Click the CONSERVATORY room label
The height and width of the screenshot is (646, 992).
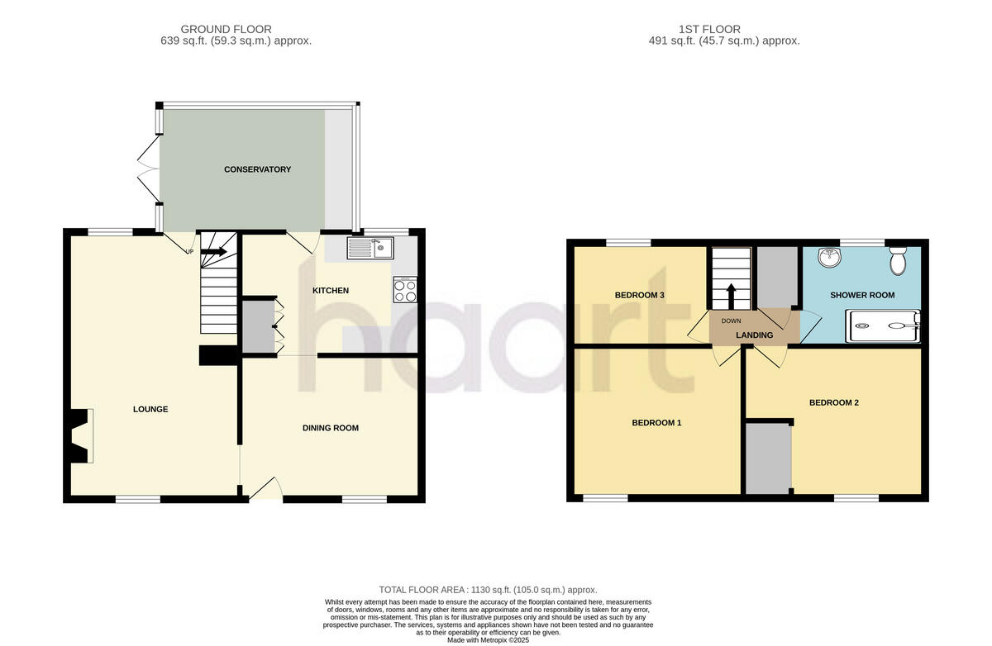(x=257, y=169)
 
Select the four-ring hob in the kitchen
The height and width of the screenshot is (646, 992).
(x=406, y=290)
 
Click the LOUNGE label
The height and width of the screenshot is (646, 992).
(x=150, y=409)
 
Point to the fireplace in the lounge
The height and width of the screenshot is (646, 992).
(x=81, y=435)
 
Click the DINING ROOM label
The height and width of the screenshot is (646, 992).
(x=331, y=428)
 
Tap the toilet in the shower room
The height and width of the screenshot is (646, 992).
(x=897, y=262)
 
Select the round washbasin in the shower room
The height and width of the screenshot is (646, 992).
(x=828, y=259)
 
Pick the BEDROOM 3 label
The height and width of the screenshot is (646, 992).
(x=640, y=295)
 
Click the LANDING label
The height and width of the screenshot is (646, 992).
(x=754, y=335)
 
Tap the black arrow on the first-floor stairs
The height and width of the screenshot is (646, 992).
(x=730, y=294)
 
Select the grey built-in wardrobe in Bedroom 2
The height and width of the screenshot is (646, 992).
(x=768, y=458)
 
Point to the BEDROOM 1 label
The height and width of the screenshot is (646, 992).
(x=656, y=422)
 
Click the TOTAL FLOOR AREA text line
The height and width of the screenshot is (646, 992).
(x=488, y=590)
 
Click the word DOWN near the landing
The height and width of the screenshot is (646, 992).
(x=731, y=321)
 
